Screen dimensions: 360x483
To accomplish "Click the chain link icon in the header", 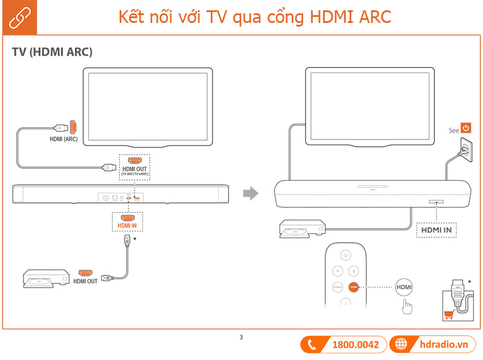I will click(18, 18).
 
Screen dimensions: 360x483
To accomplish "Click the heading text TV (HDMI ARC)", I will click(52, 53).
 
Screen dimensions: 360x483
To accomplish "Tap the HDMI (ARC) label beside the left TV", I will click(63, 138).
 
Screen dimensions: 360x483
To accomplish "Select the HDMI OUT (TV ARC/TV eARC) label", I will click(135, 170).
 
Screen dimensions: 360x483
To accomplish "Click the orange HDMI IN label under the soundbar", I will click(127, 225).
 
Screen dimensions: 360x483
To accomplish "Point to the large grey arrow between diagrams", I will click(250, 193).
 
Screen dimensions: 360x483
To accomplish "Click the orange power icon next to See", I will click(466, 129).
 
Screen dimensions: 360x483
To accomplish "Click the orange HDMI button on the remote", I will click(354, 288).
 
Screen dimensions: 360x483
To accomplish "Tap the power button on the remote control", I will click(345, 254).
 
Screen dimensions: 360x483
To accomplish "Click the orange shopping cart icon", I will click(449, 313).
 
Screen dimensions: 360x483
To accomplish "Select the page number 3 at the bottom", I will click(241, 337).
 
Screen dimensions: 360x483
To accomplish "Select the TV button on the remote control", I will click(337, 271).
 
